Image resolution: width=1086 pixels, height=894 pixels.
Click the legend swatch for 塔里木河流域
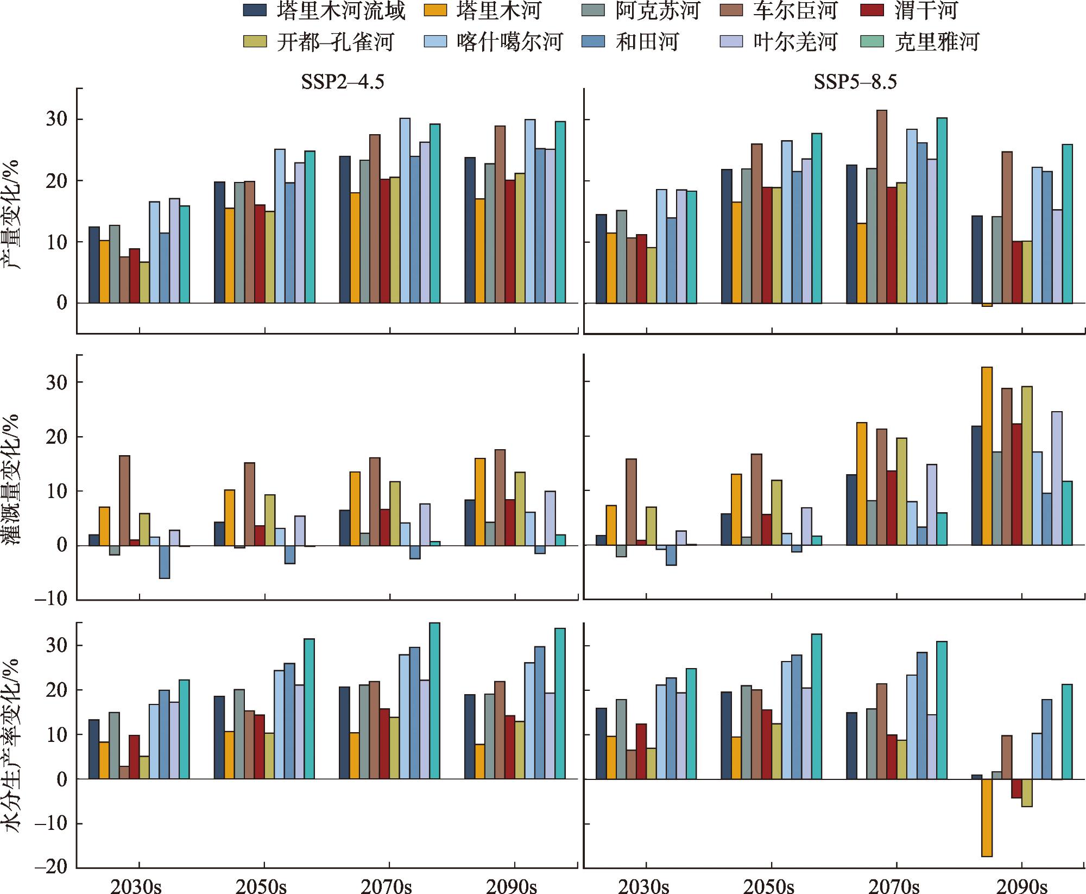(255, 10)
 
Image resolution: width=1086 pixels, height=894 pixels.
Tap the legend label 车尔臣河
(794, 10)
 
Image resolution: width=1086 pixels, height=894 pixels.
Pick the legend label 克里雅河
(937, 41)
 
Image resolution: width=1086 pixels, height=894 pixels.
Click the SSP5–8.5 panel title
(855, 81)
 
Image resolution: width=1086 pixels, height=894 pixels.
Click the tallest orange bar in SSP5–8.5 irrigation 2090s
(987, 456)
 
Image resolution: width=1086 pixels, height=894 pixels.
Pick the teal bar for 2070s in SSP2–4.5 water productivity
(434, 701)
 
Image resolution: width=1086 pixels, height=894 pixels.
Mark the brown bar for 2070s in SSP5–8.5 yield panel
(882, 206)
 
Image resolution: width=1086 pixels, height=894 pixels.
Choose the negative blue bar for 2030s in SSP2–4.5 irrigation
(164, 562)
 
